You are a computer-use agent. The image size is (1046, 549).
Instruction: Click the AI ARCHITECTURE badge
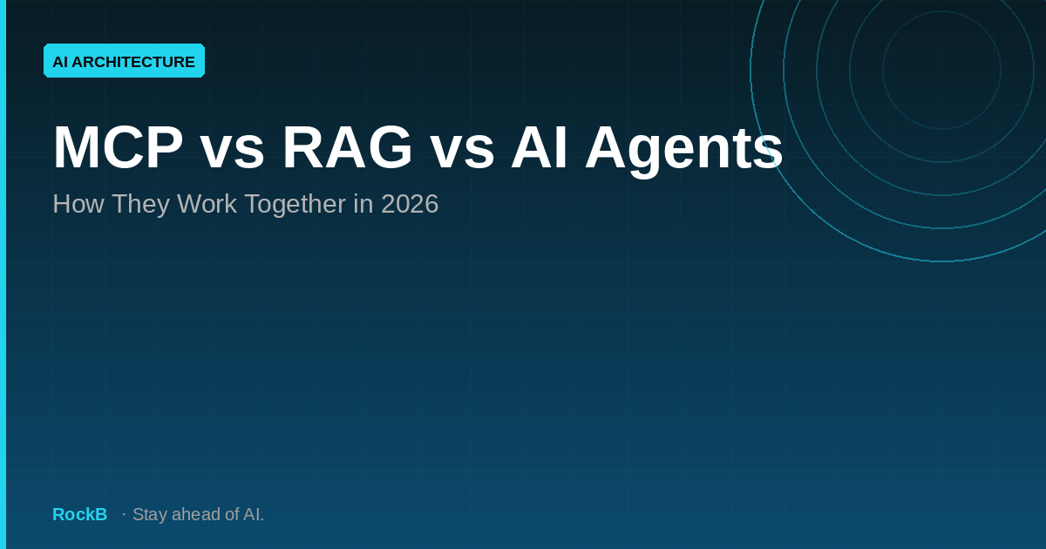(x=124, y=61)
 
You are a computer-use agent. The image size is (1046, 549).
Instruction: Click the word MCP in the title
(x=118, y=148)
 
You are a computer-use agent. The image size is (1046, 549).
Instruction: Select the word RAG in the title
(x=347, y=148)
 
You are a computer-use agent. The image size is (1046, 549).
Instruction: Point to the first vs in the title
(x=232, y=148)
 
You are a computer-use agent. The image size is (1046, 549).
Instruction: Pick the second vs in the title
(x=462, y=148)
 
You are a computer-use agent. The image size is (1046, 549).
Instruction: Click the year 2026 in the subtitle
(x=410, y=204)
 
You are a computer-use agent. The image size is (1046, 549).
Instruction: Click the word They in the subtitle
(x=140, y=204)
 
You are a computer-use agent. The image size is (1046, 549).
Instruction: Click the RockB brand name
(x=79, y=514)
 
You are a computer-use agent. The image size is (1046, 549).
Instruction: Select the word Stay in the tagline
(x=150, y=514)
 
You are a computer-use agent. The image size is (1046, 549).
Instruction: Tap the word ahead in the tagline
(x=197, y=514)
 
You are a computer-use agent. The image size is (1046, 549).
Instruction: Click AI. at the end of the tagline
(x=253, y=514)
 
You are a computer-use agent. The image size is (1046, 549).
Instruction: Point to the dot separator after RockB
(x=124, y=514)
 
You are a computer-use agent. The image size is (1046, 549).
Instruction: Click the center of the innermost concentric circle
(x=941, y=70)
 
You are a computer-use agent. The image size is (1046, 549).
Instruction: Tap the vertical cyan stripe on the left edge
(x=3, y=274)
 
